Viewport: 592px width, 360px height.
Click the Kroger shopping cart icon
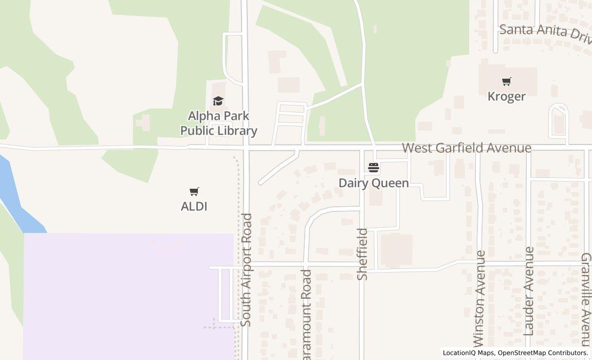507,81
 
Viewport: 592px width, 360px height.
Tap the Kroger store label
507,97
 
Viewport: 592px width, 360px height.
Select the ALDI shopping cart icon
194,192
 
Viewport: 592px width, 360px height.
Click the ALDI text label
194,207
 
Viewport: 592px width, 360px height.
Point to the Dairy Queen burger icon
374,168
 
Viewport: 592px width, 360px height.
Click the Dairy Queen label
374,184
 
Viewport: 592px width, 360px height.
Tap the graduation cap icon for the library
218,101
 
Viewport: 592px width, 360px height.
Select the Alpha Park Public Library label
218,123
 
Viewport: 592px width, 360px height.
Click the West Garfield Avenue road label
466,148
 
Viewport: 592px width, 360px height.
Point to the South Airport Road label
247,269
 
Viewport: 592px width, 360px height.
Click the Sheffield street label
363,254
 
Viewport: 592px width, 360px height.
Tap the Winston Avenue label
479,298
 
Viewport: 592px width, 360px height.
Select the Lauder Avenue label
529,291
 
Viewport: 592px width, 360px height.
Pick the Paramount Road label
307,314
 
